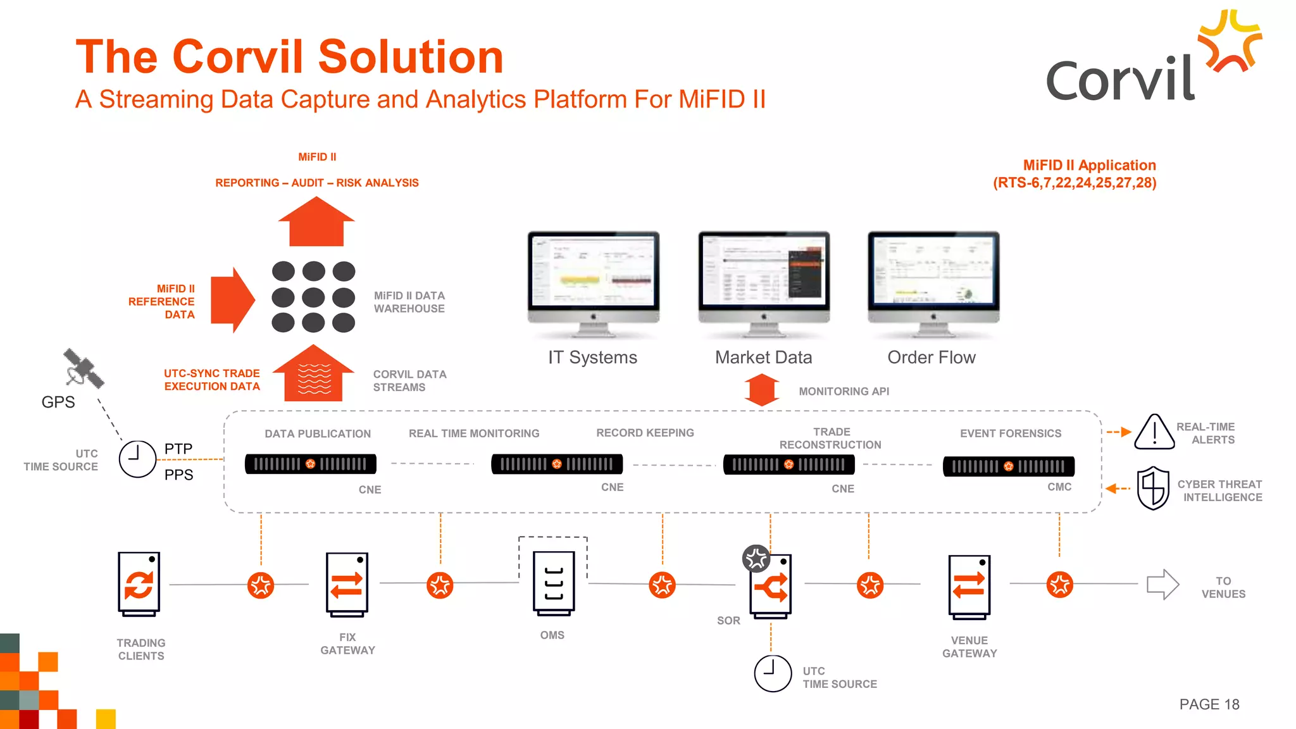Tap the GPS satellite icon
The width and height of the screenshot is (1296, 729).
point(83,368)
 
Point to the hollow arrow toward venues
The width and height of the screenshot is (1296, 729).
point(1162,584)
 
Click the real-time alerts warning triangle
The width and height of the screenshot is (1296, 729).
point(1154,432)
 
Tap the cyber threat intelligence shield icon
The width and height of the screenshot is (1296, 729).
point(1153,488)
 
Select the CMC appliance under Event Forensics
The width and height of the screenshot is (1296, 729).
point(1009,466)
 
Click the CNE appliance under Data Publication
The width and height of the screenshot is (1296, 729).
point(311,464)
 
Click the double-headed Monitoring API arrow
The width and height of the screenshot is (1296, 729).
point(762,390)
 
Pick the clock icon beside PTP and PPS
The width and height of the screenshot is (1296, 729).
point(137,459)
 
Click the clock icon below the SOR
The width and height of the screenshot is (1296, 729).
point(773,673)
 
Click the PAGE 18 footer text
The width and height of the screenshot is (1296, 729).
point(1209,704)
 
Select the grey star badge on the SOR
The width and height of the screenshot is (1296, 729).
point(756,558)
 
